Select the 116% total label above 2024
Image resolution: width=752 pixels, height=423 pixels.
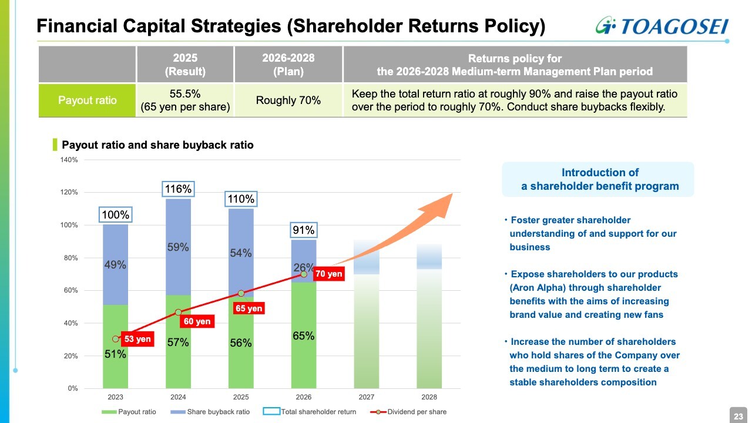[178, 189]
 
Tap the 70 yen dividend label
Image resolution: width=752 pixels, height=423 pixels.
[328, 274]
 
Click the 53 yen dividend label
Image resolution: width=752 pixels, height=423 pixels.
[137, 339]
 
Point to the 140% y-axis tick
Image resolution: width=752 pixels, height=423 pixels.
[69, 160]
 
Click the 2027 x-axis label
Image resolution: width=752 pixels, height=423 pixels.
[366, 398]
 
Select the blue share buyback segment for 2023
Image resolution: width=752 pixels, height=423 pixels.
[115, 264]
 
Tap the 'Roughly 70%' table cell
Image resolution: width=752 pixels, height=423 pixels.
[288, 100]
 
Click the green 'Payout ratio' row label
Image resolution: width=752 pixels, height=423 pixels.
[87, 100]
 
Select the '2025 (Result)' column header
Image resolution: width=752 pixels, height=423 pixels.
[185, 65]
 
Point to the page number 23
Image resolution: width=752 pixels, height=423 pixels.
[738, 416]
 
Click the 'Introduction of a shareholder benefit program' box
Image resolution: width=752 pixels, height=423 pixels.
[598, 180]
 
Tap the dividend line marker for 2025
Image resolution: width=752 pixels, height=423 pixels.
[241, 293]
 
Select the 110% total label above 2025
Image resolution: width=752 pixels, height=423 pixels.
[241, 199]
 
